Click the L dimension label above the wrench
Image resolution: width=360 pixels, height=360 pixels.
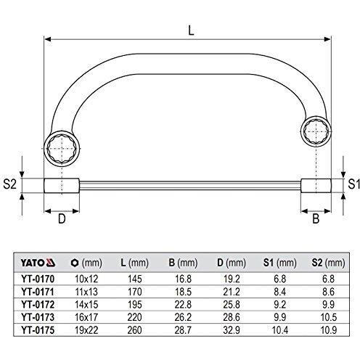[191, 30]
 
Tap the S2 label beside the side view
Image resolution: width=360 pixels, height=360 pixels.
[9, 184]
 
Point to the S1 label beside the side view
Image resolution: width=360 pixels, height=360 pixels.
[353, 184]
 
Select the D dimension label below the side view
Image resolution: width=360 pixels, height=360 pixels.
[62, 218]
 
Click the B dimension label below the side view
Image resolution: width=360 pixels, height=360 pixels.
[316, 218]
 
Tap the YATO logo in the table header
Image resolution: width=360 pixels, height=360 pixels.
[38, 263]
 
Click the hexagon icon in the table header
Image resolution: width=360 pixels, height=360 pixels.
[75, 263]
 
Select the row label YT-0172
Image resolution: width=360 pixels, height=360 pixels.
[38, 304]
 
